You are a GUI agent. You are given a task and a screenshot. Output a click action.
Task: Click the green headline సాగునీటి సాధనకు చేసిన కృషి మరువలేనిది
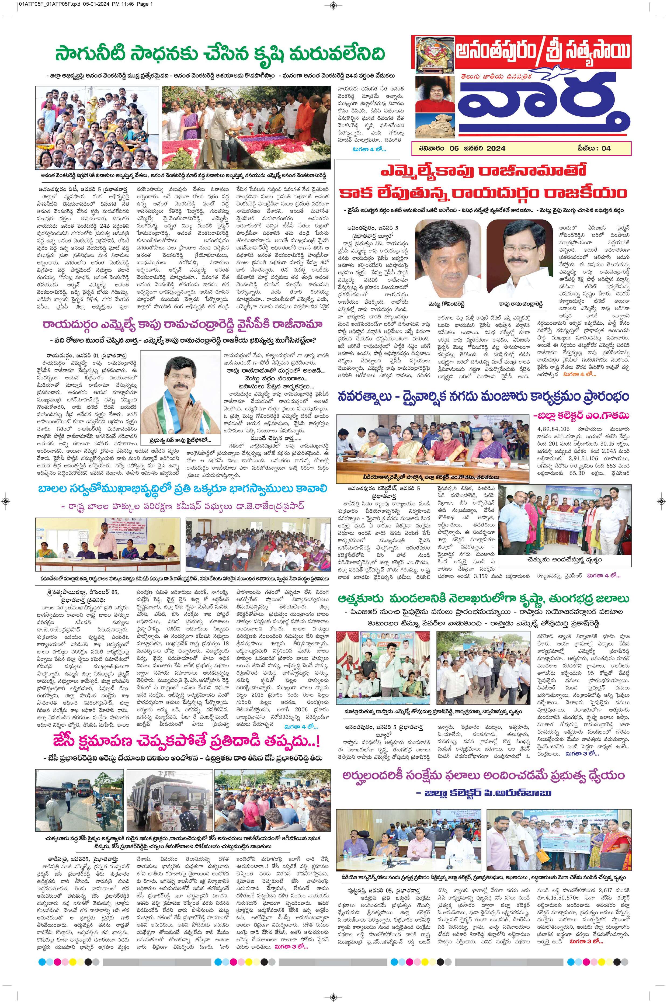(220, 54)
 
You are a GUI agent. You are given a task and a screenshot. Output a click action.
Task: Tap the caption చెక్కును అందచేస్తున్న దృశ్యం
(564, 560)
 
